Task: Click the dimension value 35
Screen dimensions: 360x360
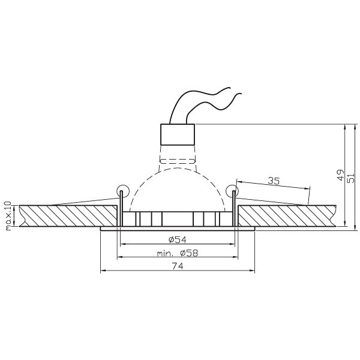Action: pos(274,181)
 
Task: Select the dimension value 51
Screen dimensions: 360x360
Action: pos(351,178)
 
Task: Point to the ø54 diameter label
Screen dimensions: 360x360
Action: pos(178,239)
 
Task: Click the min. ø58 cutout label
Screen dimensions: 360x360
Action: pos(177,253)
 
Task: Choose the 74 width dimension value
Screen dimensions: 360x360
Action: pos(178,266)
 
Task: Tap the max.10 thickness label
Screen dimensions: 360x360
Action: pos(8,216)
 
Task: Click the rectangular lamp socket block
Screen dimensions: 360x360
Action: pos(178,134)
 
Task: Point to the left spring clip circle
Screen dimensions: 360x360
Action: pos(123,191)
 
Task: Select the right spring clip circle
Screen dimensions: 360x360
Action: pos(232,191)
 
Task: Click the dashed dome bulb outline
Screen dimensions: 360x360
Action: pos(177,190)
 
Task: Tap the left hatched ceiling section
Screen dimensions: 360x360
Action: pos(68,216)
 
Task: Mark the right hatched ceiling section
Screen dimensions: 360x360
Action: pos(287,216)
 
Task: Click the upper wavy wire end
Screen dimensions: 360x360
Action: pos(230,88)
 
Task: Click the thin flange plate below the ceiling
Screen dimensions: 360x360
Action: pos(178,229)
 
